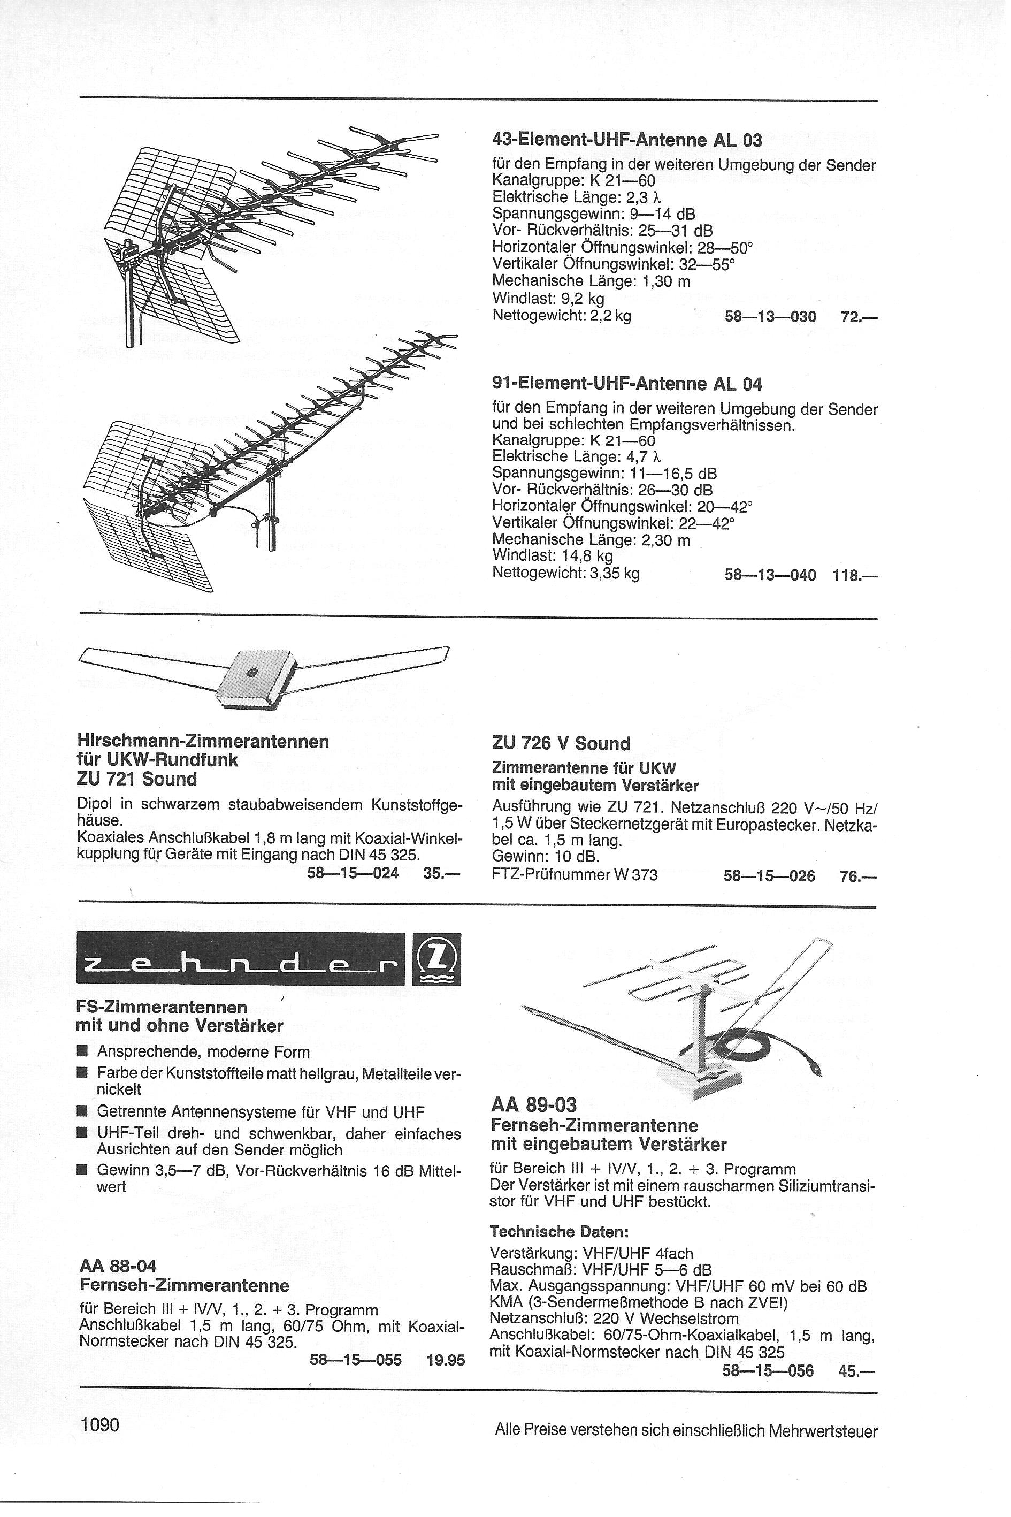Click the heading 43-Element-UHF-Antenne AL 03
(627, 140)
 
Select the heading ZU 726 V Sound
(560, 744)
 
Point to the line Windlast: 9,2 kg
(548, 299)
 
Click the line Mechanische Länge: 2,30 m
(591, 540)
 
